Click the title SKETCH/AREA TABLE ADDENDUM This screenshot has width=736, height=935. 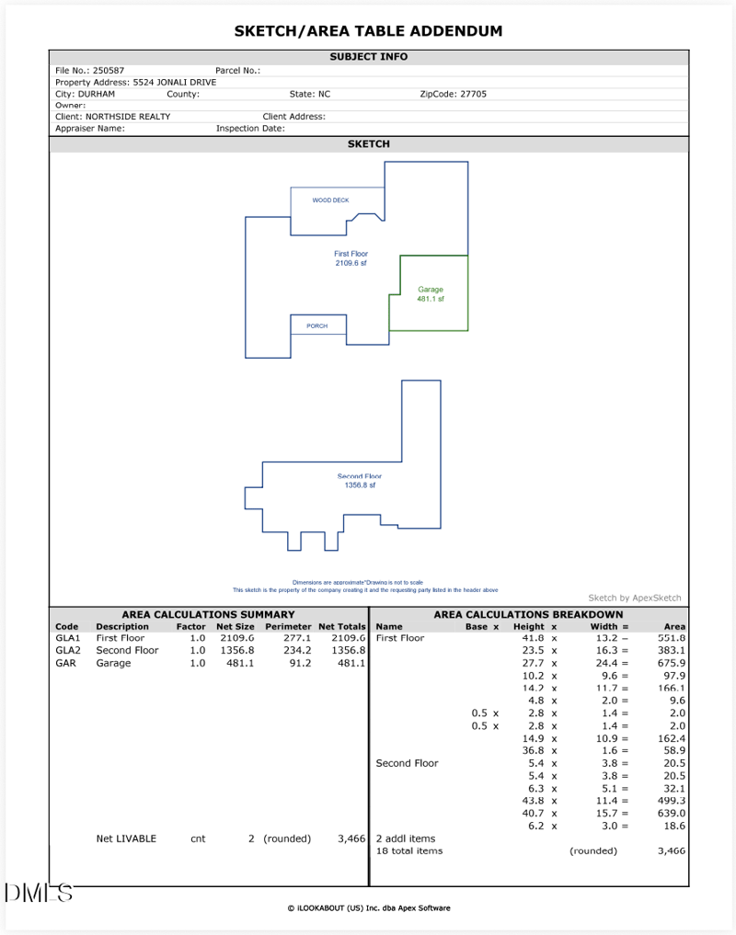(x=368, y=31)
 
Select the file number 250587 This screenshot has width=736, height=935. (x=109, y=70)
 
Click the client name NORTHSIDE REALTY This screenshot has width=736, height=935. (x=128, y=117)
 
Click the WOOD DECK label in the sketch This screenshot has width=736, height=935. (x=330, y=200)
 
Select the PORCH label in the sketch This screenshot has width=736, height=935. (x=316, y=325)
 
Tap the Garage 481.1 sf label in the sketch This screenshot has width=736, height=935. (x=431, y=294)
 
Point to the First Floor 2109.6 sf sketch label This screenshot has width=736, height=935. (x=351, y=257)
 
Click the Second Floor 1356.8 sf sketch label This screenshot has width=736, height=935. (x=360, y=481)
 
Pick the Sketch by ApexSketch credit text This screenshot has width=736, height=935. (x=635, y=598)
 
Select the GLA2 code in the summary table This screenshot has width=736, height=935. (x=68, y=650)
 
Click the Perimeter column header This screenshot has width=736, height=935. (x=288, y=626)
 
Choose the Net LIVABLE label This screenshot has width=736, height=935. (x=126, y=838)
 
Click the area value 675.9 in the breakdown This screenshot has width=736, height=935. (x=673, y=663)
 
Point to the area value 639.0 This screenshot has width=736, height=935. (x=673, y=813)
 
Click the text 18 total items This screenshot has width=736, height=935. (x=409, y=850)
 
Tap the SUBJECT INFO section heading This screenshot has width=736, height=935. (x=368, y=57)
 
